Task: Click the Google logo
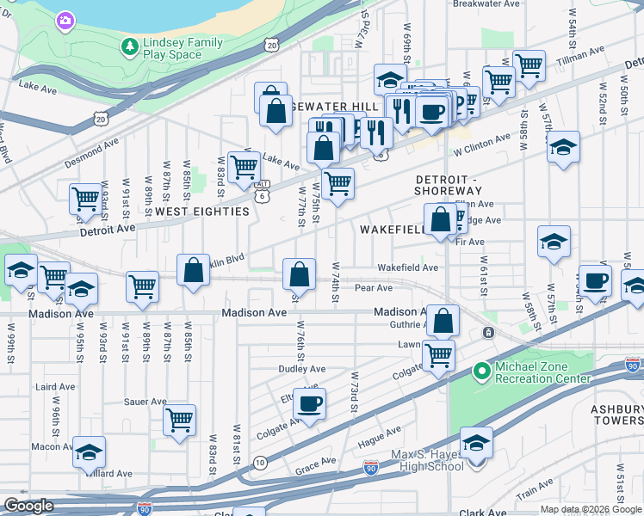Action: click(x=28, y=506)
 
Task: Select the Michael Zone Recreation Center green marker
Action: click(x=482, y=372)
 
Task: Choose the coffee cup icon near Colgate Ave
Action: click(x=309, y=402)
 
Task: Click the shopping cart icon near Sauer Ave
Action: click(x=179, y=420)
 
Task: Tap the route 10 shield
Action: click(x=259, y=463)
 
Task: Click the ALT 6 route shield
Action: click(x=263, y=190)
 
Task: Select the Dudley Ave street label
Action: click(x=301, y=369)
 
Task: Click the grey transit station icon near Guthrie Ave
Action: click(x=488, y=333)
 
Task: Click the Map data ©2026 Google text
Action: click(x=591, y=509)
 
